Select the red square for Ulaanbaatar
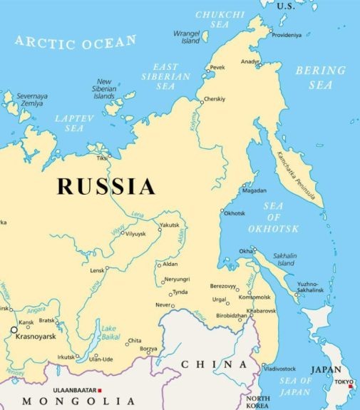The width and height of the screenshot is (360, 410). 101,390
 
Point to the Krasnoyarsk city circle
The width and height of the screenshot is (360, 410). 14,330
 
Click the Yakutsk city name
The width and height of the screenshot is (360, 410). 169,225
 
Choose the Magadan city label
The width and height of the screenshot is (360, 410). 254,190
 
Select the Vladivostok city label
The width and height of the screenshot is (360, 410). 279,369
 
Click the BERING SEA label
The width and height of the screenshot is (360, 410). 320,78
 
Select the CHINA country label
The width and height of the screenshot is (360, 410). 205,364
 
